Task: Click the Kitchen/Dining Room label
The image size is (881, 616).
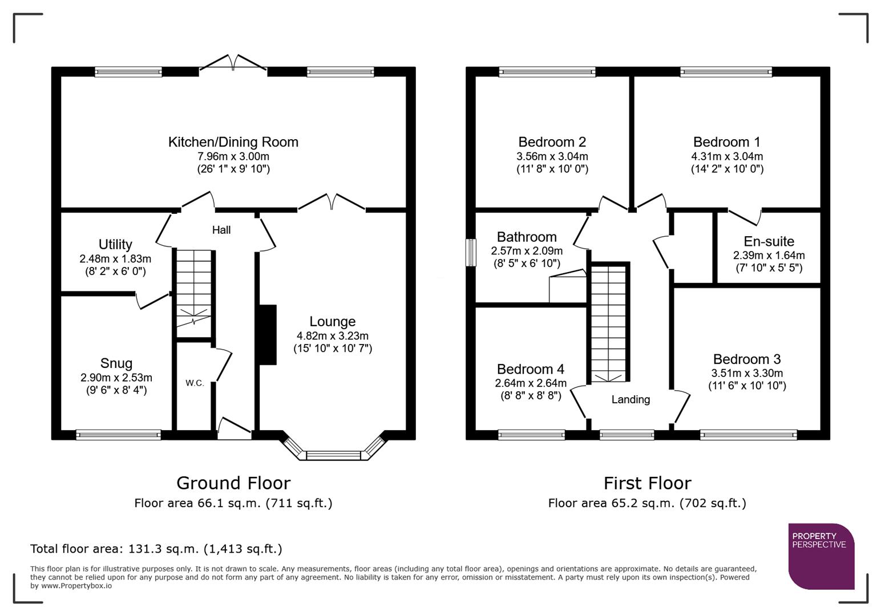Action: coord(233,142)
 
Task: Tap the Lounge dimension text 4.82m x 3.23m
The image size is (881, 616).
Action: coord(333,336)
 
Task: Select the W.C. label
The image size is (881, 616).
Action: coord(195,383)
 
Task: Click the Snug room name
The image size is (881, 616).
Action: coord(116,363)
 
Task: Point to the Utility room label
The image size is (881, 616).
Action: coord(115,244)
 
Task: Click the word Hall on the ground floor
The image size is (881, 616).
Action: coord(221,230)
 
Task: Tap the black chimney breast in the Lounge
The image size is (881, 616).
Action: coord(268,335)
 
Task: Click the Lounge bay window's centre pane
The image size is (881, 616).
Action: coord(334,455)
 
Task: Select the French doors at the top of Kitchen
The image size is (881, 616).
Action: coord(233,64)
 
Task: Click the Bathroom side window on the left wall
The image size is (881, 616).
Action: coord(471,253)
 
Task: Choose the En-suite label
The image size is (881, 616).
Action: coord(769,241)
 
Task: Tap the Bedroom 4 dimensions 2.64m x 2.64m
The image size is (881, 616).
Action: coord(531,383)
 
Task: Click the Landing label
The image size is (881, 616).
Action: coord(631,399)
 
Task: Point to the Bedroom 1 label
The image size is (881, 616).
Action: coord(726,142)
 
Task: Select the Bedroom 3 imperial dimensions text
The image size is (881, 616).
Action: coord(747,386)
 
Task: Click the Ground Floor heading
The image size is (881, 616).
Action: coord(233,483)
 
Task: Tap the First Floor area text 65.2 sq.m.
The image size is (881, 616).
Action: coord(647,503)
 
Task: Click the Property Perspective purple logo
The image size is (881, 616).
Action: coord(821,556)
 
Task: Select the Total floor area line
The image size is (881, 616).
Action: coord(156,549)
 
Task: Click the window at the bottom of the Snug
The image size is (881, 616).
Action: coord(119,435)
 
